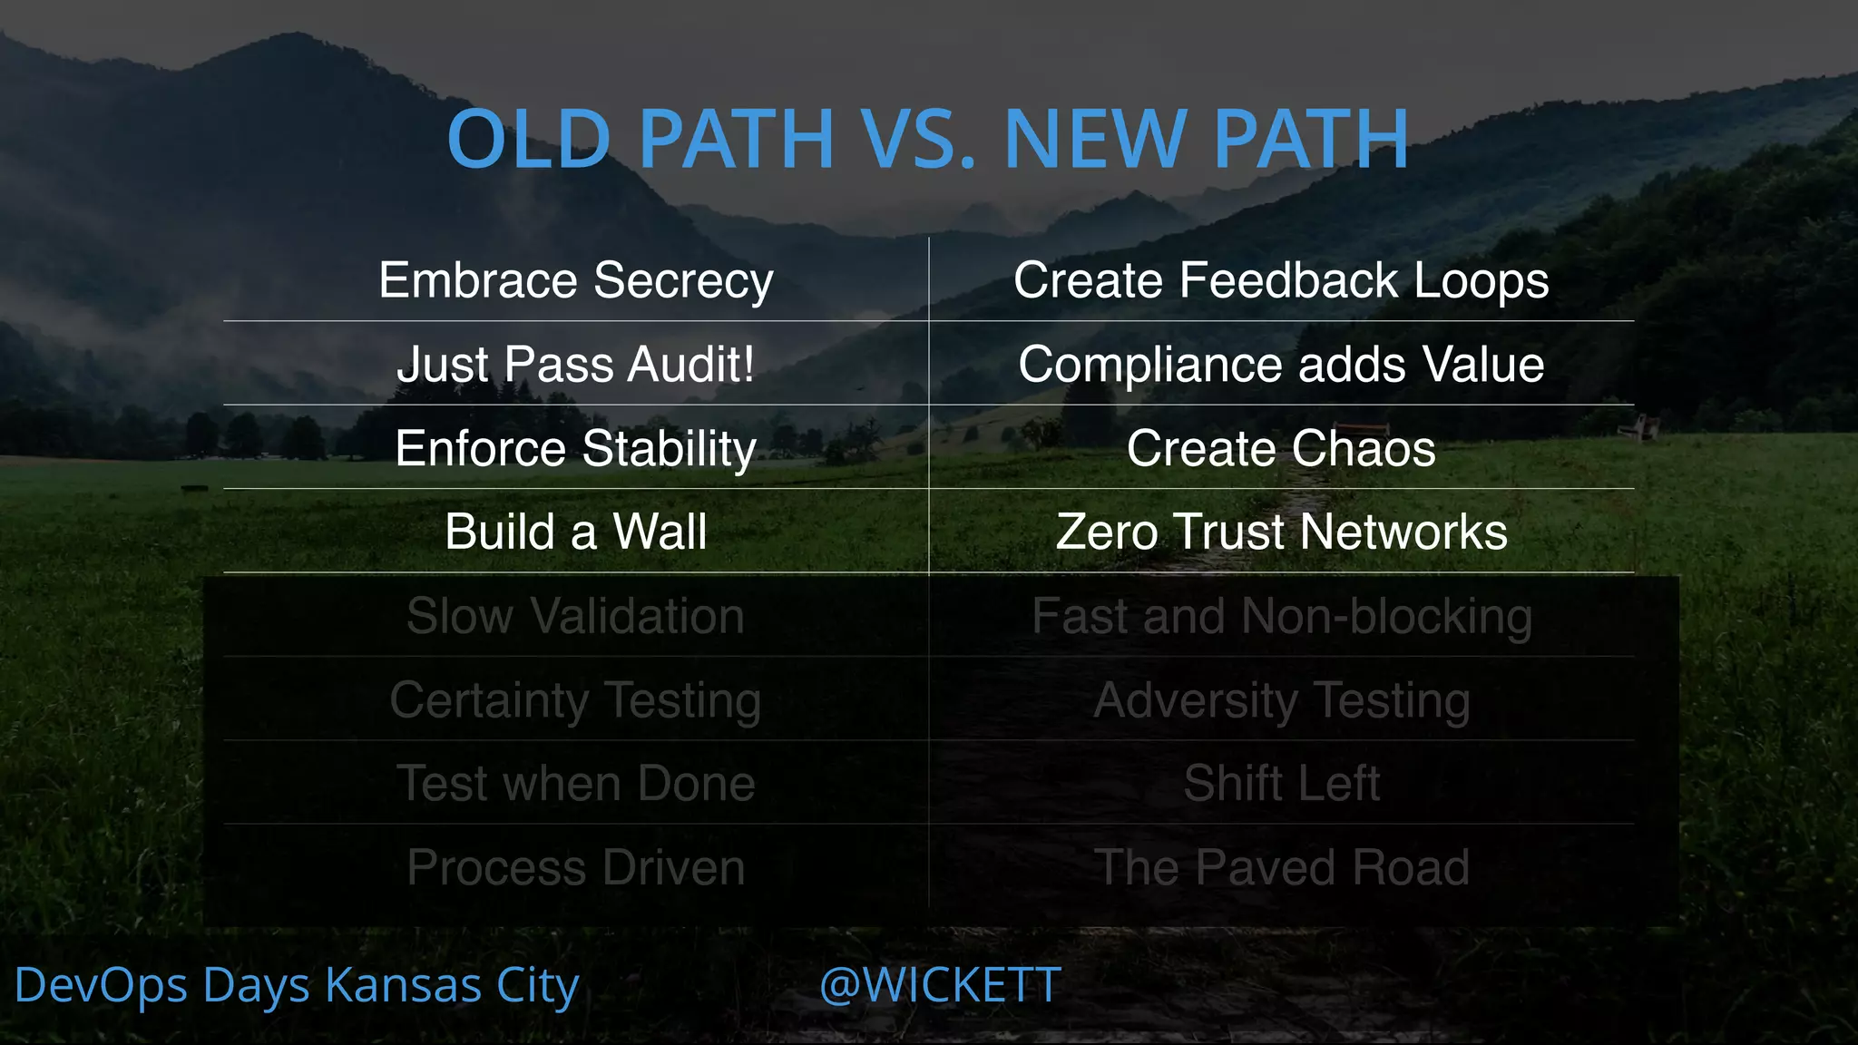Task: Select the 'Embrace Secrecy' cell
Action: (576, 279)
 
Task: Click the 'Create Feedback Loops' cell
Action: (1281, 279)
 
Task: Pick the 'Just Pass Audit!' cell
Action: (576, 364)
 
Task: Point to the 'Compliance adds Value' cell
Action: (1281, 364)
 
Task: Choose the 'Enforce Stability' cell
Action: (576, 448)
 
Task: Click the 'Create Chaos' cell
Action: (1281, 448)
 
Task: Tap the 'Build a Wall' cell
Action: (576, 532)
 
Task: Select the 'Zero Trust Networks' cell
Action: (1281, 532)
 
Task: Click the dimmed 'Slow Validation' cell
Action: (576, 616)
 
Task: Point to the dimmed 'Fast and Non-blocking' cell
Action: (1281, 616)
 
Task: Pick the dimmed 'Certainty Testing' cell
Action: (576, 700)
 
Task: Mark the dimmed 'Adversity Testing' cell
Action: (1281, 700)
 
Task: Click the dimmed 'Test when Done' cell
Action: (576, 783)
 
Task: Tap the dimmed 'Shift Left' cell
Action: (1281, 783)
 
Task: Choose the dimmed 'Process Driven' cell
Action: (576, 867)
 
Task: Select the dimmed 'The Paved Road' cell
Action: (1281, 867)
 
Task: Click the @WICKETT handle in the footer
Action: (940, 985)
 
